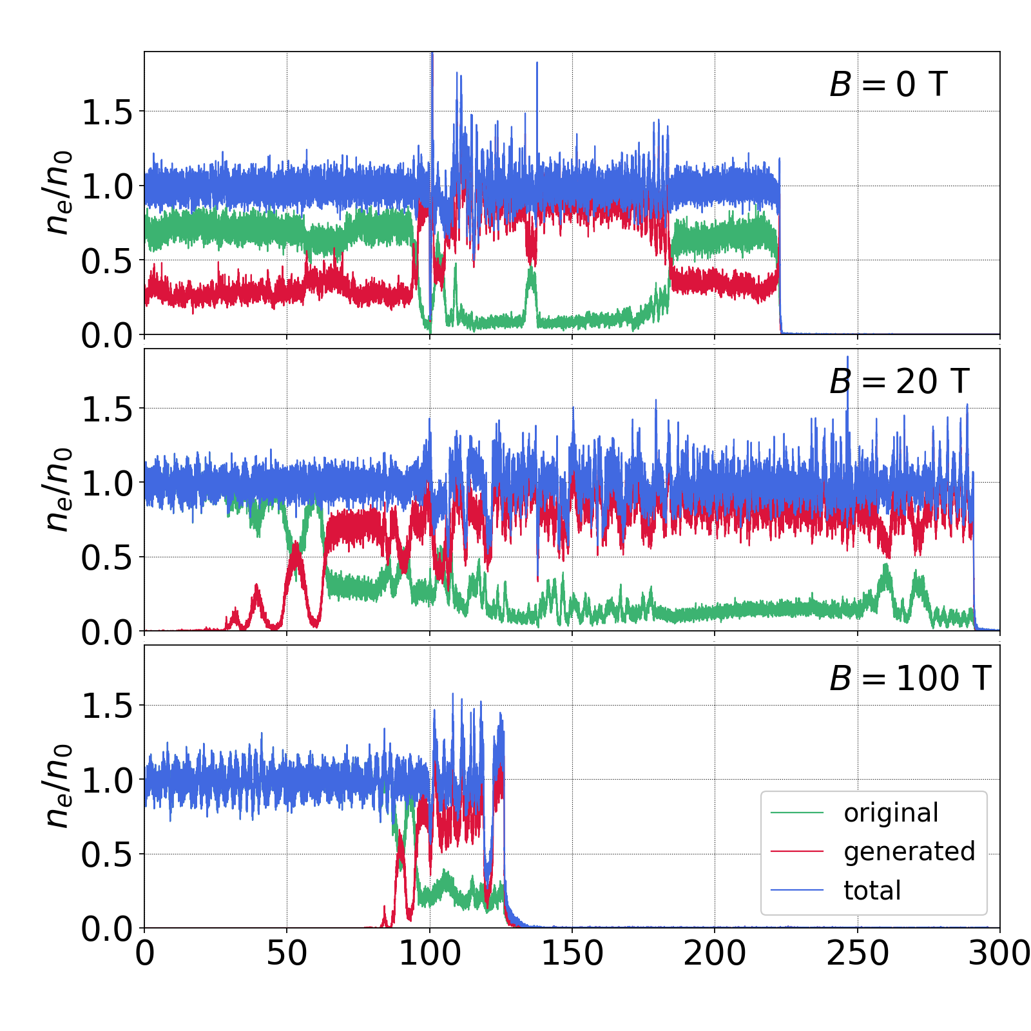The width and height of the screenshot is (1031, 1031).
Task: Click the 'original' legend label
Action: [x=891, y=813]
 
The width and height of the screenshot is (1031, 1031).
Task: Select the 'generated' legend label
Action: [x=909, y=852]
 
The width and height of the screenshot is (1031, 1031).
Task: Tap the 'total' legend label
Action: [x=872, y=891]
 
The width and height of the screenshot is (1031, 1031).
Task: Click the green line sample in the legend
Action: [x=797, y=813]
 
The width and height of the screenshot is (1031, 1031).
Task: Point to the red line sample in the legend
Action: [x=797, y=852]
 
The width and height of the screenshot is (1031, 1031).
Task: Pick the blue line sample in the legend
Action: [x=797, y=891]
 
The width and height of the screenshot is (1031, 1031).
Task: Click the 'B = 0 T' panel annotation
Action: [x=888, y=84]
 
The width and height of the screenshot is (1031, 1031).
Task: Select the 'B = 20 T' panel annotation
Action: [x=899, y=381]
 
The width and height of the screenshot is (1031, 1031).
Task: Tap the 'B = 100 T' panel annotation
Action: [x=909, y=679]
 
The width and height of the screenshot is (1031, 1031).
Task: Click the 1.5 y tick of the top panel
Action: [x=106, y=113]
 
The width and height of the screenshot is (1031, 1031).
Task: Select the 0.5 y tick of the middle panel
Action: [x=106, y=558]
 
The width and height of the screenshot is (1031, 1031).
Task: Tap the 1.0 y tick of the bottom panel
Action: [x=106, y=781]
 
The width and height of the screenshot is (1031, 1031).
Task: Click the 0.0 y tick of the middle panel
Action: [x=106, y=633]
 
